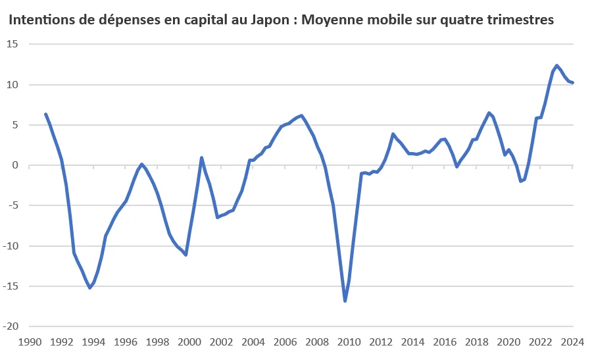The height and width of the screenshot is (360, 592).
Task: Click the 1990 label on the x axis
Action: point(30,342)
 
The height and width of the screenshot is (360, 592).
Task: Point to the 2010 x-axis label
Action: point(349,342)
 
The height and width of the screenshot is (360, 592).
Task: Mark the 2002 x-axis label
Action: point(221,342)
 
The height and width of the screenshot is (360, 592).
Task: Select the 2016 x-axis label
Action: point(445,342)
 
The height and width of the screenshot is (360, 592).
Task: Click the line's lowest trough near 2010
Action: point(345,301)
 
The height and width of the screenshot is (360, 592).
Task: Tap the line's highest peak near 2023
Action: point(556,65)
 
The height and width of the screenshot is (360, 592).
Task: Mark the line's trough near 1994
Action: point(89,288)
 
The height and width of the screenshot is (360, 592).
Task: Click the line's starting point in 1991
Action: point(45,114)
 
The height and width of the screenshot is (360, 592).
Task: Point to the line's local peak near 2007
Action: point(301,116)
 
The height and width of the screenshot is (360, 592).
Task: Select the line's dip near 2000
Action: point(186,254)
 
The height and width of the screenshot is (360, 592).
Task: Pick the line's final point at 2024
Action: point(573,83)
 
